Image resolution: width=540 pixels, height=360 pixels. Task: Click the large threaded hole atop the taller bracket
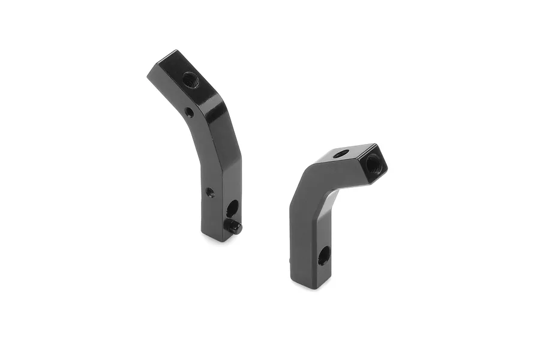pyautogui.click(x=190, y=79)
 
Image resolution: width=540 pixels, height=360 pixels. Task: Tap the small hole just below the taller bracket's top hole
pyautogui.click(x=189, y=112)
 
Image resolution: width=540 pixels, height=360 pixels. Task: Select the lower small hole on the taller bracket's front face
pyautogui.click(x=209, y=193)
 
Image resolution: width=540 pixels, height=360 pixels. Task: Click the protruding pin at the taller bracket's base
pyautogui.click(x=235, y=226)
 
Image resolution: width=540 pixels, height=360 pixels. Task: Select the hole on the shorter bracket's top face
pyautogui.click(x=340, y=154)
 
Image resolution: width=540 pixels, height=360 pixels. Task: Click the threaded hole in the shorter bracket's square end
pyautogui.click(x=372, y=161)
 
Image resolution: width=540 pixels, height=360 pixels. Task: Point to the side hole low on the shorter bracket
pyautogui.click(x=323, y=256)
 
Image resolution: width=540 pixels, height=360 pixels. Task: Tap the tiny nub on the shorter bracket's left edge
pyautogui.click(x=290, y=262)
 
